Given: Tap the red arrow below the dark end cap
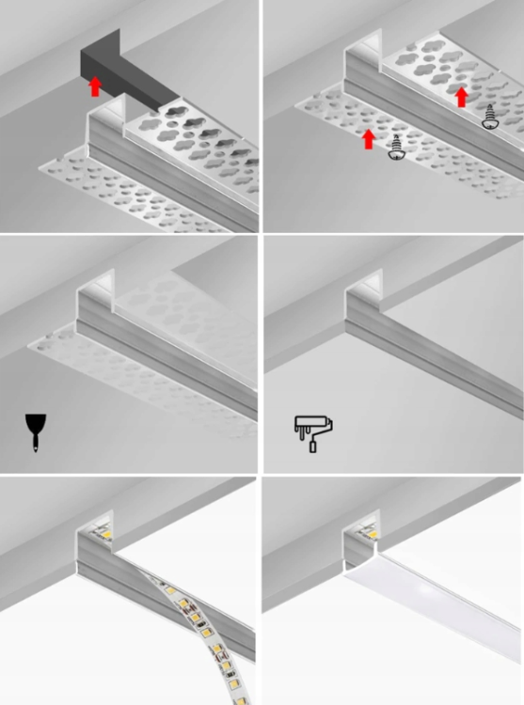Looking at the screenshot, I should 94,86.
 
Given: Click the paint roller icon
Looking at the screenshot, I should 313,431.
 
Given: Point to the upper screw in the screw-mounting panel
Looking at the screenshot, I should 488,117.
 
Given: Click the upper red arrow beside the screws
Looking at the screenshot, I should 461,97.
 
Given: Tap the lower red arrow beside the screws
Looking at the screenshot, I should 369,139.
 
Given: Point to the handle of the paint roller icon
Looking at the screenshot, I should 313,445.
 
